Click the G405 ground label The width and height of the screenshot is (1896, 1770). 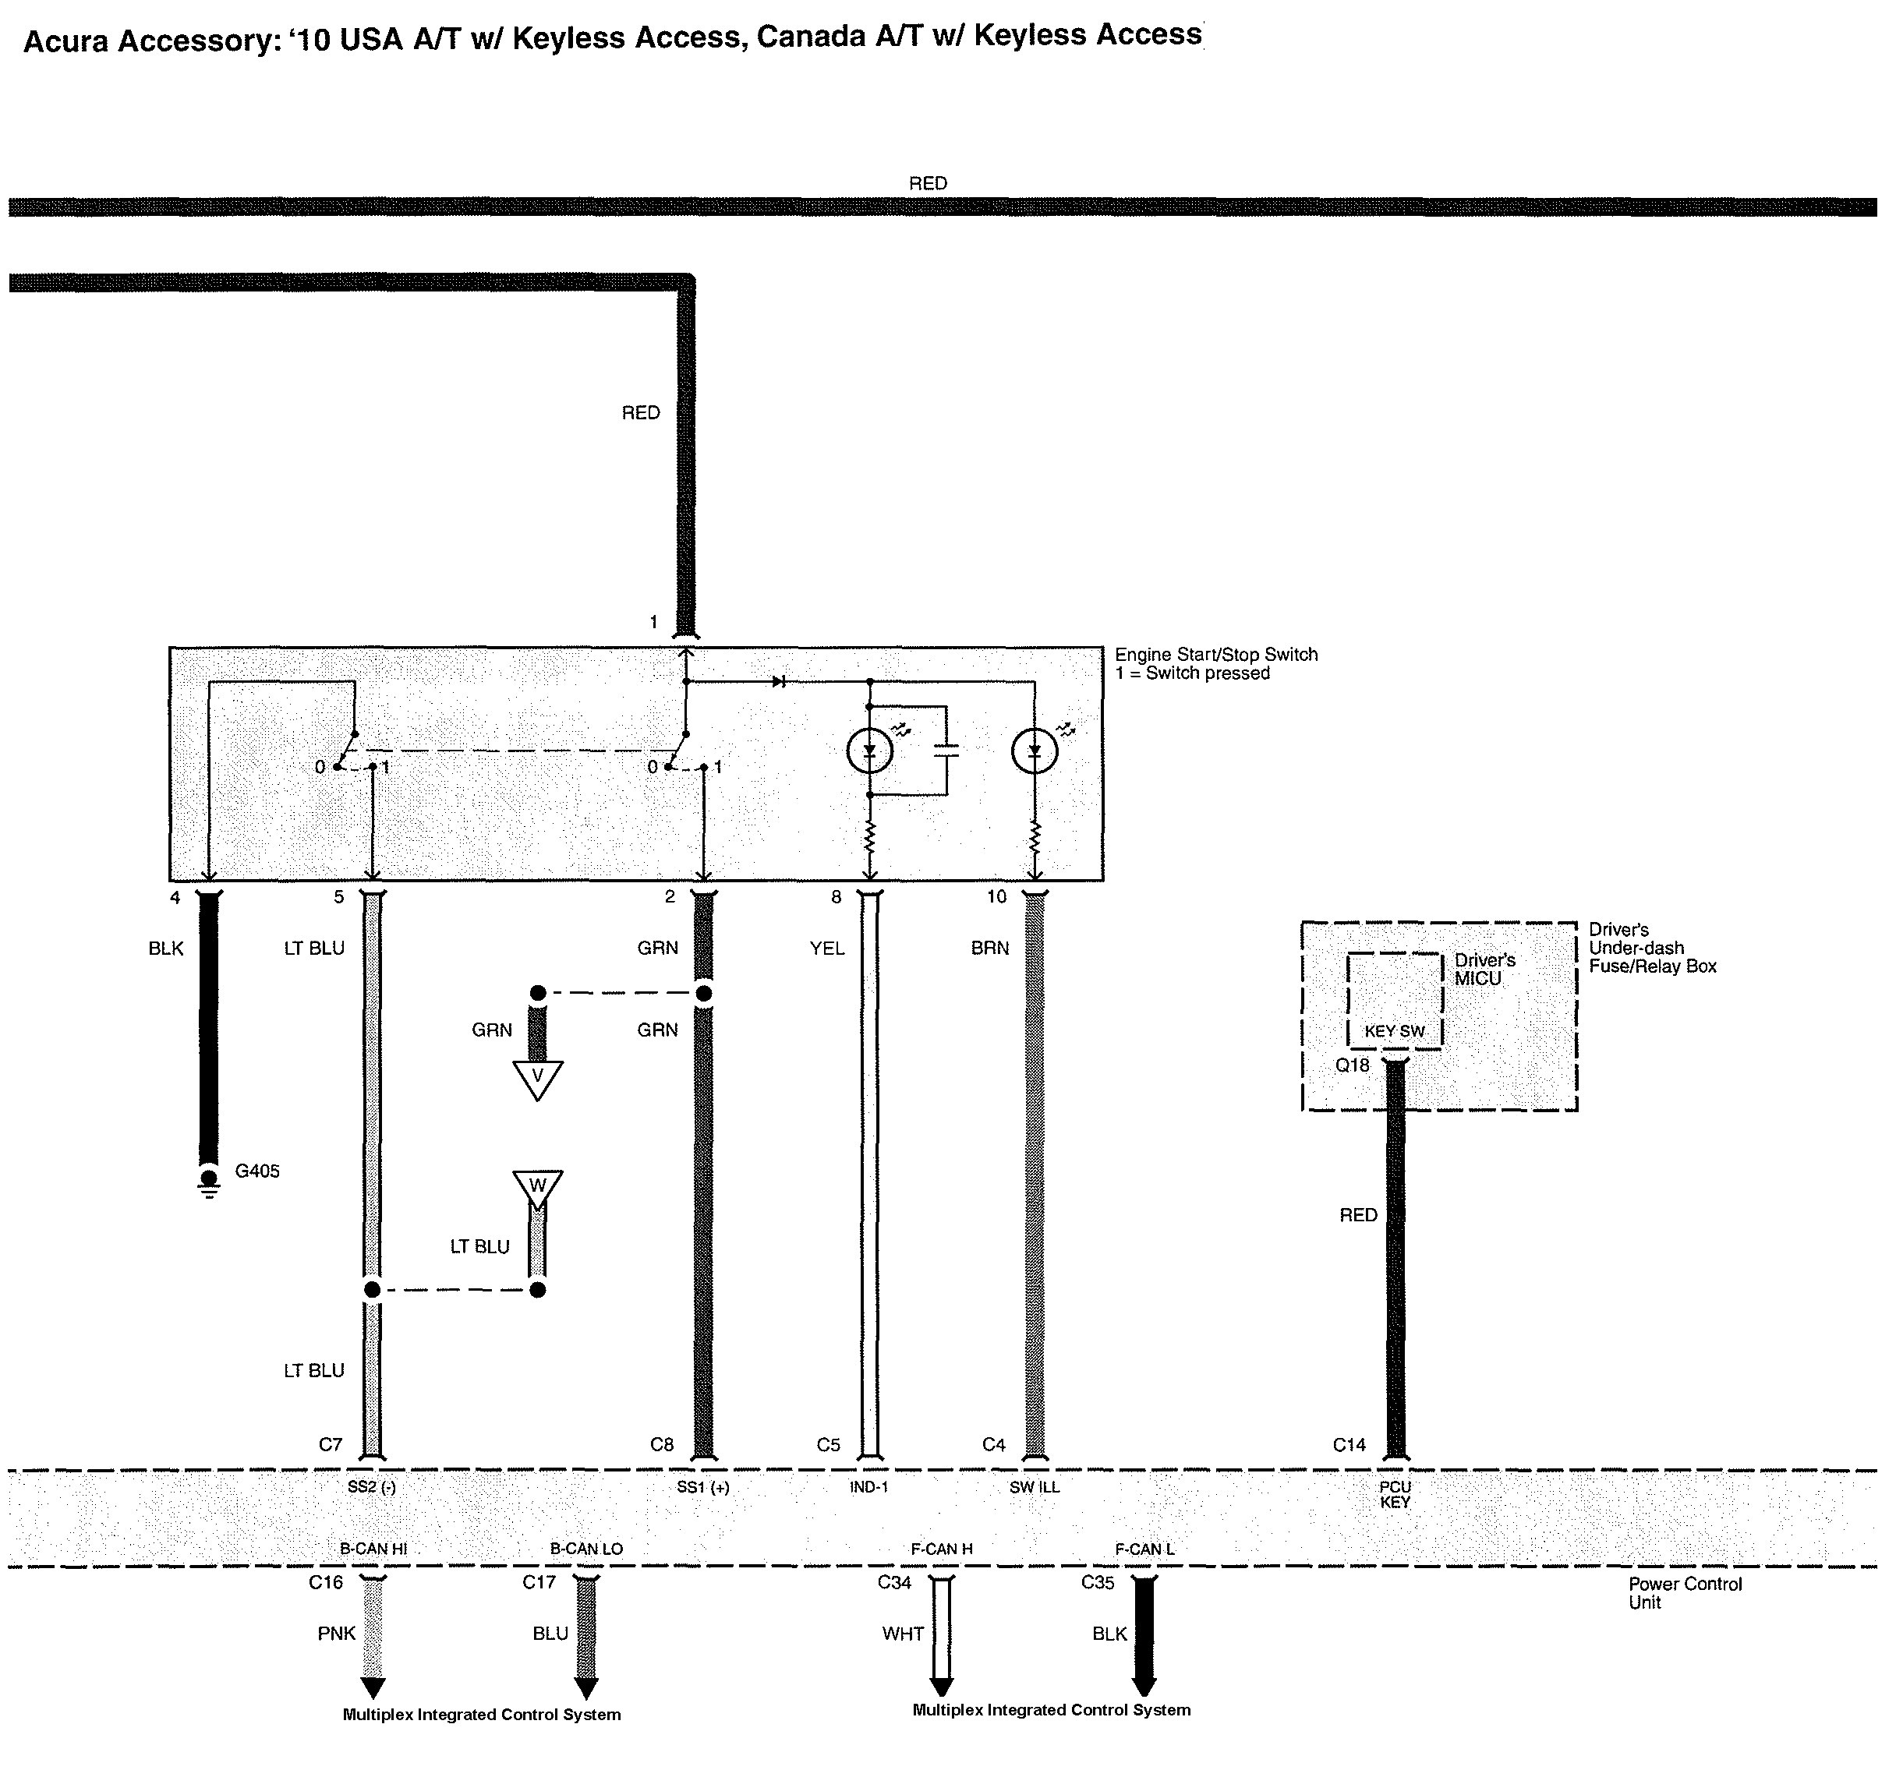(257, 1171)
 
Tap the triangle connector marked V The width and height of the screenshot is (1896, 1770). (537, 1079)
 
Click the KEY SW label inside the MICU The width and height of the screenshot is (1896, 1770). (1395, 1031)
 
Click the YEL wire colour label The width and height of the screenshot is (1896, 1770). (827, 948)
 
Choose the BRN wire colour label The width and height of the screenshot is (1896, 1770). (990, 948)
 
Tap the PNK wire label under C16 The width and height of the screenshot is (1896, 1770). (336, 1634)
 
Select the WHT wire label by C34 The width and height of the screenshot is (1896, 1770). (902, 1634)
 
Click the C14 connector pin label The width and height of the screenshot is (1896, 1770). (1349, 1445)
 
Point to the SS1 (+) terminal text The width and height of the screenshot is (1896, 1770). (703, 1487)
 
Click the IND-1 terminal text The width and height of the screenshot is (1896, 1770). (868, 1487)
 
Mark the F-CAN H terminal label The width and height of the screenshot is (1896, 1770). (941, 1549)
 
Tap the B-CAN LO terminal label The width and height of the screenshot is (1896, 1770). (585, 1549)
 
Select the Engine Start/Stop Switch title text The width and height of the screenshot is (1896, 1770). (1216, 654)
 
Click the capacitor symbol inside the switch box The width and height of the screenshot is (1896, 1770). (946, 751)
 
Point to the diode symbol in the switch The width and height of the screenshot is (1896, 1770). (778, 682)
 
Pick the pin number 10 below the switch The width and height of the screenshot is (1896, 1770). (996, 896)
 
